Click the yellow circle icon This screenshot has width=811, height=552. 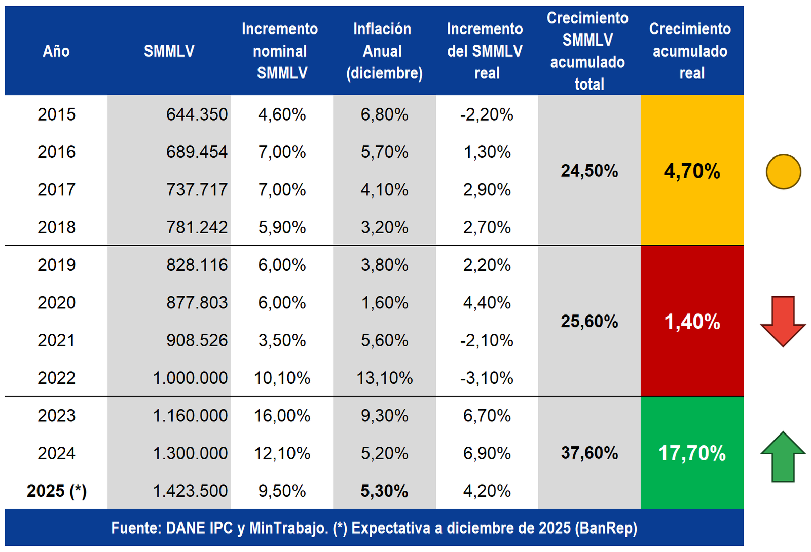783,172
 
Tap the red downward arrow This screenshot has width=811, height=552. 783,321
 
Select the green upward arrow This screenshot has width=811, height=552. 783,456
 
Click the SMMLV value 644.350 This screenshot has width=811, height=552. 197,114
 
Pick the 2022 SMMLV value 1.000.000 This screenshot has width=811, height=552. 190,378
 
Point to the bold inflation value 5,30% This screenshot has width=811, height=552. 384,491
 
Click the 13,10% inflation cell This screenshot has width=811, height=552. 384,378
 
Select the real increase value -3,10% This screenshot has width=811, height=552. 487,378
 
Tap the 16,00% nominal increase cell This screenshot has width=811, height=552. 282,416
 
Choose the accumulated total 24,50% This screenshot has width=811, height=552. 589,171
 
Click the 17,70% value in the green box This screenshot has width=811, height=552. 692,453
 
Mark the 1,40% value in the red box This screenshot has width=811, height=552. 692,322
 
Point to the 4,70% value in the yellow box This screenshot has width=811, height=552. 692,171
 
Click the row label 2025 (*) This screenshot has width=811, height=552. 57,491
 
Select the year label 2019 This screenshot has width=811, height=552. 56,265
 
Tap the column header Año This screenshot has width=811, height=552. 56,51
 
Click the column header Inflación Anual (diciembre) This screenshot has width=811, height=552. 384,51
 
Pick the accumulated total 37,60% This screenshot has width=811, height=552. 589,453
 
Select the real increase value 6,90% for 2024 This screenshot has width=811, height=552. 487,453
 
